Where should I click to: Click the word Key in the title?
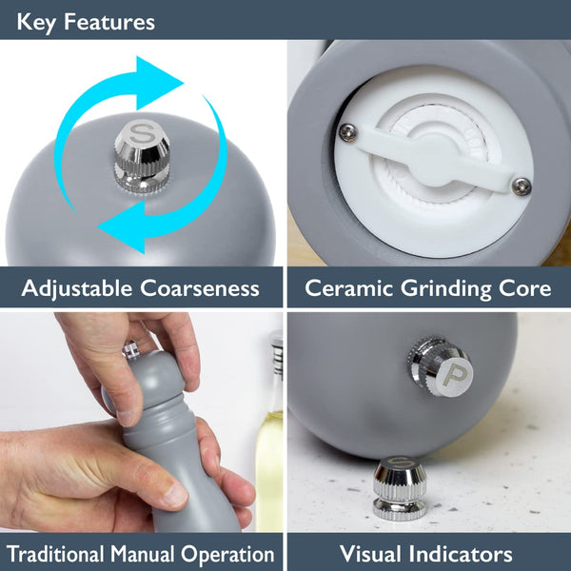[36, 23]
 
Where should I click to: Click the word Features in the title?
[109, 22]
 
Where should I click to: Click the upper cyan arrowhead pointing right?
[159, 83]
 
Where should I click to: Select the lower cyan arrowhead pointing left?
[123, 226]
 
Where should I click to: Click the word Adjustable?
[77, 288]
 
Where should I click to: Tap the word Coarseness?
[200, 288]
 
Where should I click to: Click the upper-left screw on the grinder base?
[347, 131]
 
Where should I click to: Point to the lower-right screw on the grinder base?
[522, 187]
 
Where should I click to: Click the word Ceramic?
[349, 288]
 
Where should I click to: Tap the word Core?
[524, 288]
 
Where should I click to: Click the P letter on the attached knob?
[454, 375]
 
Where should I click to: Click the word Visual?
[371, 554]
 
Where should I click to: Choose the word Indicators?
[461, 554]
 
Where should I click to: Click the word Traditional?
[55, 554]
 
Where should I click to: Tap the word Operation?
[227, 555]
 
